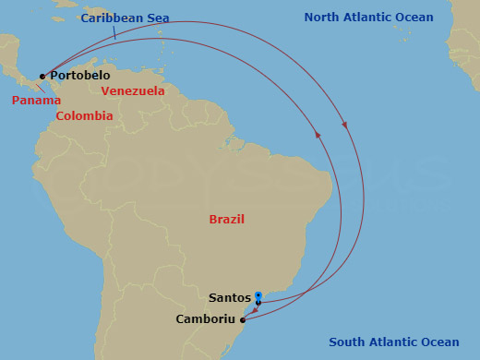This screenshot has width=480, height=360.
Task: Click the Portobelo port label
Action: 80,75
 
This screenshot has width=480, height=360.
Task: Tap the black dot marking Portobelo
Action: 42,77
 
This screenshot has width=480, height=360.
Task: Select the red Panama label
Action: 36,100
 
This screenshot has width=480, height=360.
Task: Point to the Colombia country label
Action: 84,116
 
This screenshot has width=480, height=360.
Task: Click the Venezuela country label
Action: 133,91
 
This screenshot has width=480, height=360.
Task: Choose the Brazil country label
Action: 227,219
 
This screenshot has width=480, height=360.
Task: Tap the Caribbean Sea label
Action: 125,18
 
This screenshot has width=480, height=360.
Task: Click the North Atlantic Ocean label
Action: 369,18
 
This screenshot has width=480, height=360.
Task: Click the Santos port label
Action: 230,298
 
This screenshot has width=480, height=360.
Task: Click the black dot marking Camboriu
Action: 243,320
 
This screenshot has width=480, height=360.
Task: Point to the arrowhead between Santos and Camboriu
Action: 252,312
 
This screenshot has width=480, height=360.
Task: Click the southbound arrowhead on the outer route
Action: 344,124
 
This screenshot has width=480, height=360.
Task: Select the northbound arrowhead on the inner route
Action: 318,135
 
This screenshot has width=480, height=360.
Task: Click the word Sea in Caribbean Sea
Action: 157,18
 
